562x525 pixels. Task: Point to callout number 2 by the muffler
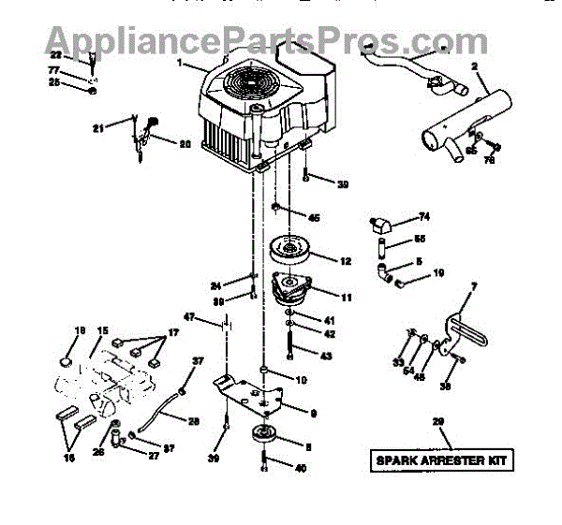tap(476, 66)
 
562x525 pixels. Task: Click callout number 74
tap(424, 217)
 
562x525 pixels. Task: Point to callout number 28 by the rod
tap(193, 422)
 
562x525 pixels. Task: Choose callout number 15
tap(102, 330)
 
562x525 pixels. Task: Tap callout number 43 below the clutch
tap(326, 357)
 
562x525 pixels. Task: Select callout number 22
tap(81, 56)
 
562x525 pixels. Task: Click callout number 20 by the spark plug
tap(185, 144)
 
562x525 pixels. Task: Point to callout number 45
tap(313, 218)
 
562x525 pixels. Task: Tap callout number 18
tap(79, 330)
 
